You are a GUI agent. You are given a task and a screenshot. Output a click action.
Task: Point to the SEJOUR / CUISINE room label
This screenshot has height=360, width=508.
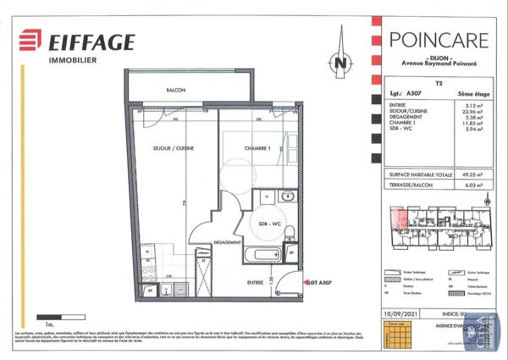point(174,148)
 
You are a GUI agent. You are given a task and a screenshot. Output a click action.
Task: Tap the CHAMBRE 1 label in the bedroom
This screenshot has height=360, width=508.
point(257,148)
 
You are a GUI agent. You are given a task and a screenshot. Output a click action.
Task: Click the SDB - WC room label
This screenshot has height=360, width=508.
point(270,224)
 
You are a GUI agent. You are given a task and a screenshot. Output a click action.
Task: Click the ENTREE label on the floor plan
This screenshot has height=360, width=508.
point(255,282)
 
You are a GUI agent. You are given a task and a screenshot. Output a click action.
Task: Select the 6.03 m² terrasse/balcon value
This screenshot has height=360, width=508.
point(472,184)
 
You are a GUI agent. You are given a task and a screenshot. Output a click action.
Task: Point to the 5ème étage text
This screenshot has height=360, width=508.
point(472,96)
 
